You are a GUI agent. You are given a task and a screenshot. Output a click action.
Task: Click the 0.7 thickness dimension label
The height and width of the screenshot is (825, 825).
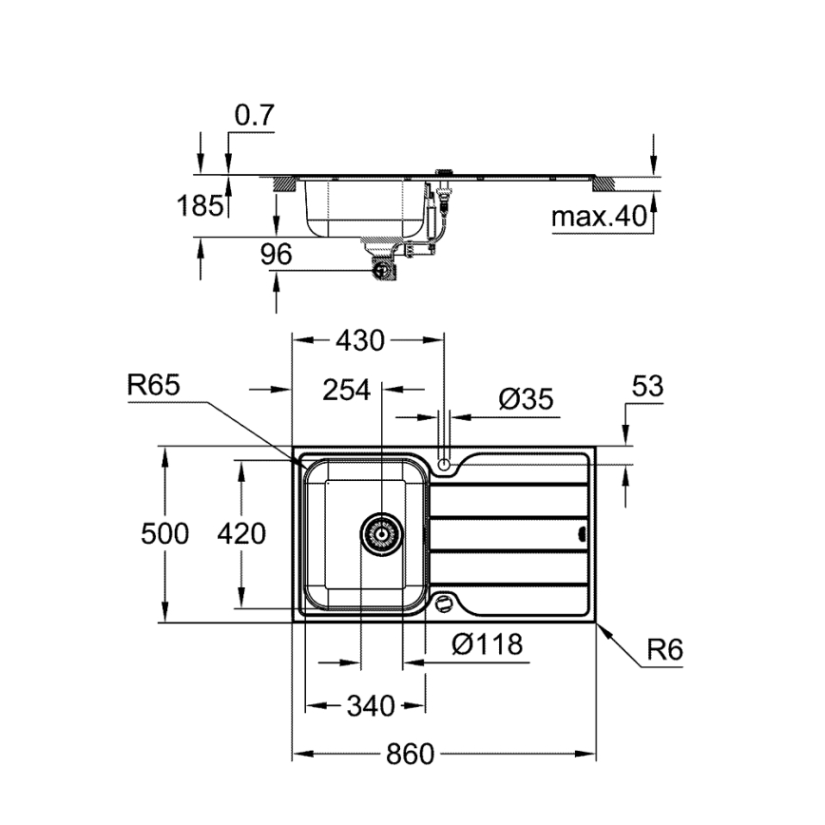point(254,115)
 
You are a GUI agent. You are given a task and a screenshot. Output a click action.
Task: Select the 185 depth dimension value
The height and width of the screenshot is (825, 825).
point(201,204)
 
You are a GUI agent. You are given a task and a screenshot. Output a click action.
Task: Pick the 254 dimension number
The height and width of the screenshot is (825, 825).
point(346,390)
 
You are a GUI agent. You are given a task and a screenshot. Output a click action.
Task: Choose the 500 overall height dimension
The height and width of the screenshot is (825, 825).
point(164,533)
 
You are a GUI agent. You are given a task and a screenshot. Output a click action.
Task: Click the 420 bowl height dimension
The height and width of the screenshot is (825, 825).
point(241,533)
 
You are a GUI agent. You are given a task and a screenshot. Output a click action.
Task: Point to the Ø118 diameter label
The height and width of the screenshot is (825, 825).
point(487,645)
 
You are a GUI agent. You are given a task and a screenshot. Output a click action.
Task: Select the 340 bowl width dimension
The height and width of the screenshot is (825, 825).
point(370,706)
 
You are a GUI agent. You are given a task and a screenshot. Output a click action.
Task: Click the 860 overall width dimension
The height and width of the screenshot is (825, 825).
point(410,755)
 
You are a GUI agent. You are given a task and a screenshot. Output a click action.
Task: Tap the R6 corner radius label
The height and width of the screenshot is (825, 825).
point(664,650)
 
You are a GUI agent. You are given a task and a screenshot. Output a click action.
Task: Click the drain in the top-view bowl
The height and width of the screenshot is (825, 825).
point(381,534)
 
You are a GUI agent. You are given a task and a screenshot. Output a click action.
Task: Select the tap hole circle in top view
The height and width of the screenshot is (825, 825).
point(444,465)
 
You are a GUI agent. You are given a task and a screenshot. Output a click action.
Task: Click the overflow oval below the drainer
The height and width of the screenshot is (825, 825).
point(442,603)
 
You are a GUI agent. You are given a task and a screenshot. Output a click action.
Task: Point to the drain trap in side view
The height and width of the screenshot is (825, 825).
point(384,266)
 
